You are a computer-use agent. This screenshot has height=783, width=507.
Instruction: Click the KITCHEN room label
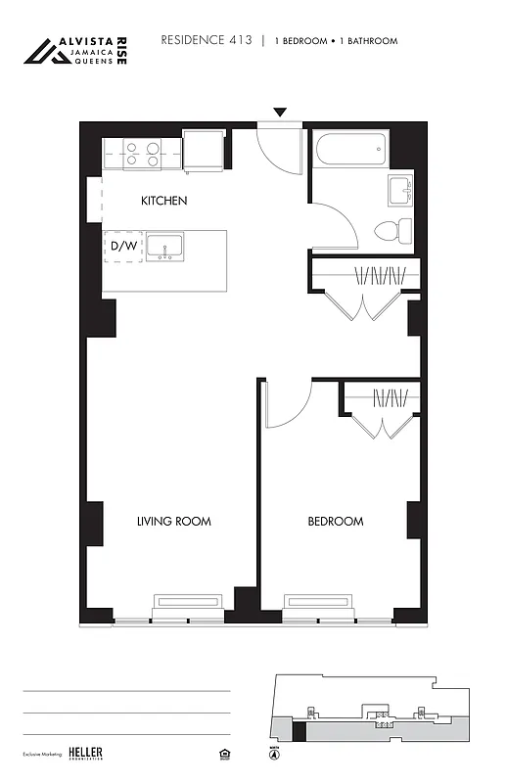(x=163, y=201)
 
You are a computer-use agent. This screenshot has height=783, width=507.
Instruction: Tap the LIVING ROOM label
(x=173, y=522)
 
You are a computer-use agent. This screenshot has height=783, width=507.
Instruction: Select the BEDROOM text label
(x=336, y=522)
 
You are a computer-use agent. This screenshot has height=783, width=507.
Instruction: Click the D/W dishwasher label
(x=123, y=247)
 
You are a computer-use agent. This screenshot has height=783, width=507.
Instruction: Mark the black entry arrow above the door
(x=280, y=113)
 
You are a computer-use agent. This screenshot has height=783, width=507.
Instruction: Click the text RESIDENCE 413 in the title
(x=206, y=40)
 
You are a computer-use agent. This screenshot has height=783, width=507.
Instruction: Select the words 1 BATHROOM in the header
(x=367, y=41)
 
